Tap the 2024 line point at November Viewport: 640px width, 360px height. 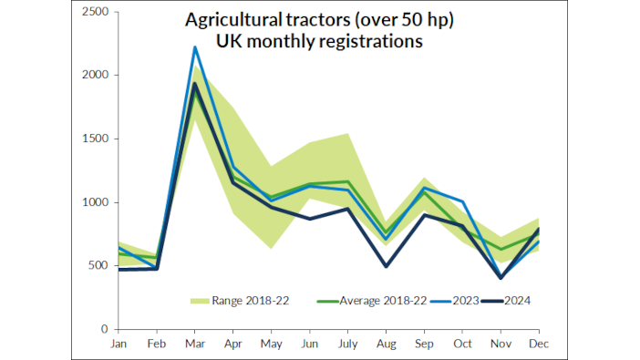[x=501, y=277]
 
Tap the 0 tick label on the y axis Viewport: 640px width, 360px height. [x=105, y=329]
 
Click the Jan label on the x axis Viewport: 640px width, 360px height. [x=119, y=344]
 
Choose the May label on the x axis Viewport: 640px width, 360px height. [x=271, y=344]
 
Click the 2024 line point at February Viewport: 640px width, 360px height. [x=157, y=268]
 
